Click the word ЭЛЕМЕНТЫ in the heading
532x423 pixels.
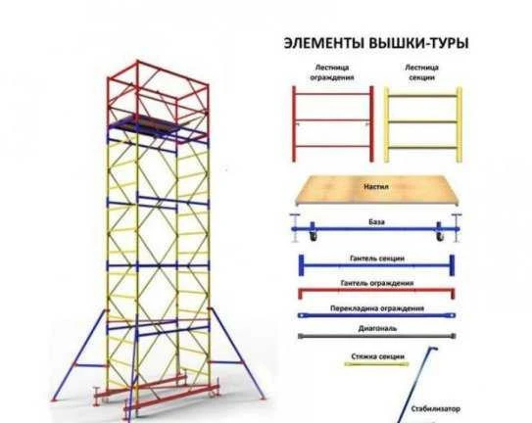point(323,44)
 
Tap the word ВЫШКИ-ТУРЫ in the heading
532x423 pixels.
point(418,44)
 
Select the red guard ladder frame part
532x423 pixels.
point(332,123)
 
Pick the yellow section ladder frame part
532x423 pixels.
point(422,124)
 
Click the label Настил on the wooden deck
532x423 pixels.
point(376,187)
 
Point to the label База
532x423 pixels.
point(376,222)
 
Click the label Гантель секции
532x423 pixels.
point(377,258)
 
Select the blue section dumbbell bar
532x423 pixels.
point(376,265)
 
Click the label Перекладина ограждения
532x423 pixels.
point(377,308)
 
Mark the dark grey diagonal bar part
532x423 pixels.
point(376,336)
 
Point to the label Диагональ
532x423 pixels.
point(377,328)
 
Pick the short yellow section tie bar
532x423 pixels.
point(376,364)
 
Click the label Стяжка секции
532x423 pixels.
point(377,356)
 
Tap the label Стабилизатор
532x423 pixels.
point(436,408)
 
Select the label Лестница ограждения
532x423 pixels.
point(332,72)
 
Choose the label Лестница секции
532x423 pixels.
point(421,72)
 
